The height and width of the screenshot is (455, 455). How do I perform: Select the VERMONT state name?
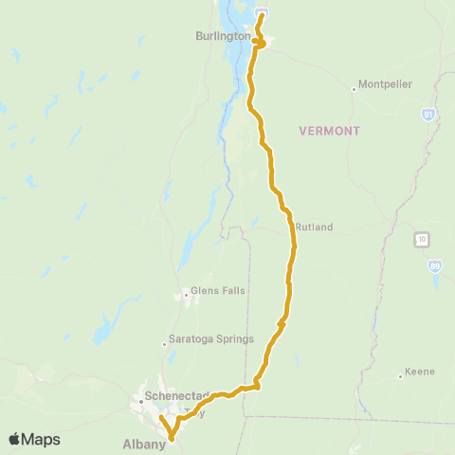pos(331,131)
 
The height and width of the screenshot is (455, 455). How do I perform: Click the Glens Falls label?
pos(211,291)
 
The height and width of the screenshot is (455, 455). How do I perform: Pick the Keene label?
pos(419,371)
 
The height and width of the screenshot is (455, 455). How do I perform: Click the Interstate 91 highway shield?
pos(428,114)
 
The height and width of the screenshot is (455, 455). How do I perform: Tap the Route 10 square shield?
pos(420,238)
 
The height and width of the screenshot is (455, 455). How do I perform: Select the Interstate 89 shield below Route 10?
pos(433,266)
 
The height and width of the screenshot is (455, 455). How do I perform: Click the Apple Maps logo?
pos(34,439)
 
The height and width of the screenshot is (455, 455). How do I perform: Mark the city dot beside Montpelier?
pos(355,89)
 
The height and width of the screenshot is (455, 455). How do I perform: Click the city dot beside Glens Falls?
pos(186,295)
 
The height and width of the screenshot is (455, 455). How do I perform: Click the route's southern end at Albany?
pos(172,438)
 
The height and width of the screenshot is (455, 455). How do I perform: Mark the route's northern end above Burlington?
pos(262,15)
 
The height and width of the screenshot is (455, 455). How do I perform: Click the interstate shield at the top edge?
pos(263,9)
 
